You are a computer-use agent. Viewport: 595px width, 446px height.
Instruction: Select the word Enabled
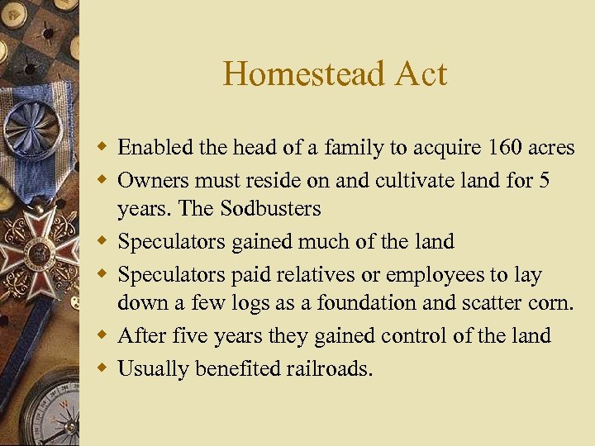(155, 148)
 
